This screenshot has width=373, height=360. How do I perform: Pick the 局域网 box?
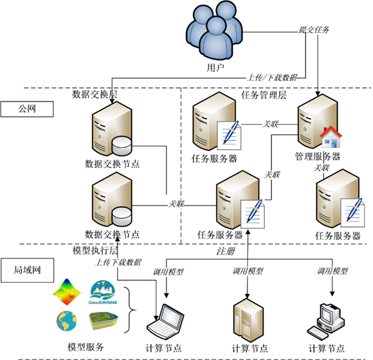(x=26, y=270)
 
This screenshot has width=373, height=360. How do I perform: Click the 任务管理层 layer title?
(x=263, y=95)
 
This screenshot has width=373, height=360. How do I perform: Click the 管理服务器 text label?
(x=317, y=156)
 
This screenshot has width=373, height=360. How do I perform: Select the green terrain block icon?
(x=105, y=320)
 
